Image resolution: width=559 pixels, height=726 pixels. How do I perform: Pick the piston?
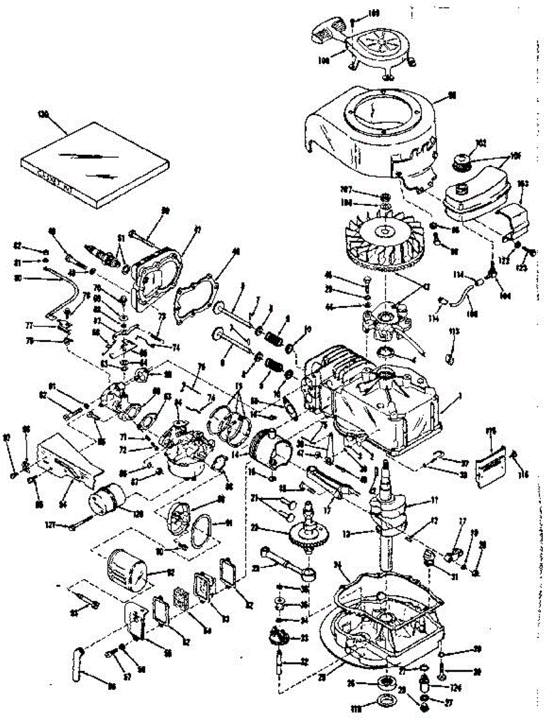(273, 444)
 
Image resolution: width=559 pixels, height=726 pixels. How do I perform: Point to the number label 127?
(69, 526)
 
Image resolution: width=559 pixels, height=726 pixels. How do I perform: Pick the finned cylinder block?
(375, 405)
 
